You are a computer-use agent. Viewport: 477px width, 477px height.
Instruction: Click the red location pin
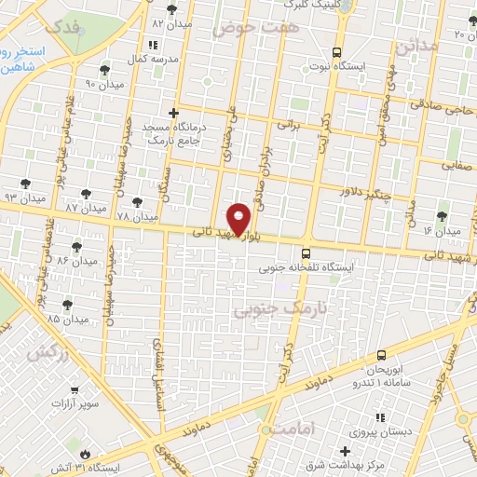(239, 217)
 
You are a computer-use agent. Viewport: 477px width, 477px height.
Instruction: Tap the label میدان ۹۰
(98, 84)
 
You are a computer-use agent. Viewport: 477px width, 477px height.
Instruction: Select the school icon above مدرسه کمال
(152, 44)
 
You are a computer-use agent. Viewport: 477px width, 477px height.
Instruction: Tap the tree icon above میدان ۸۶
(76, 247)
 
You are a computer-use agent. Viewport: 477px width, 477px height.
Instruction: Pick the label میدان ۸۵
(67, 320)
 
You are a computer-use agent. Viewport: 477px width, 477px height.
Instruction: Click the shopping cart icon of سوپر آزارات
(74, 389)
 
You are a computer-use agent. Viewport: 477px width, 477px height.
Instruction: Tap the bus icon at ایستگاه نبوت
(336, 52)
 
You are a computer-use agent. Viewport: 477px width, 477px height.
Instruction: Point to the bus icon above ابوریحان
(381, 355)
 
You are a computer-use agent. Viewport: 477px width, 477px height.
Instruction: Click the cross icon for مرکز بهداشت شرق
(344, 451)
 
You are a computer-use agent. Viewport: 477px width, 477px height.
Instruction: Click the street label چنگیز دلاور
(358, 186)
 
